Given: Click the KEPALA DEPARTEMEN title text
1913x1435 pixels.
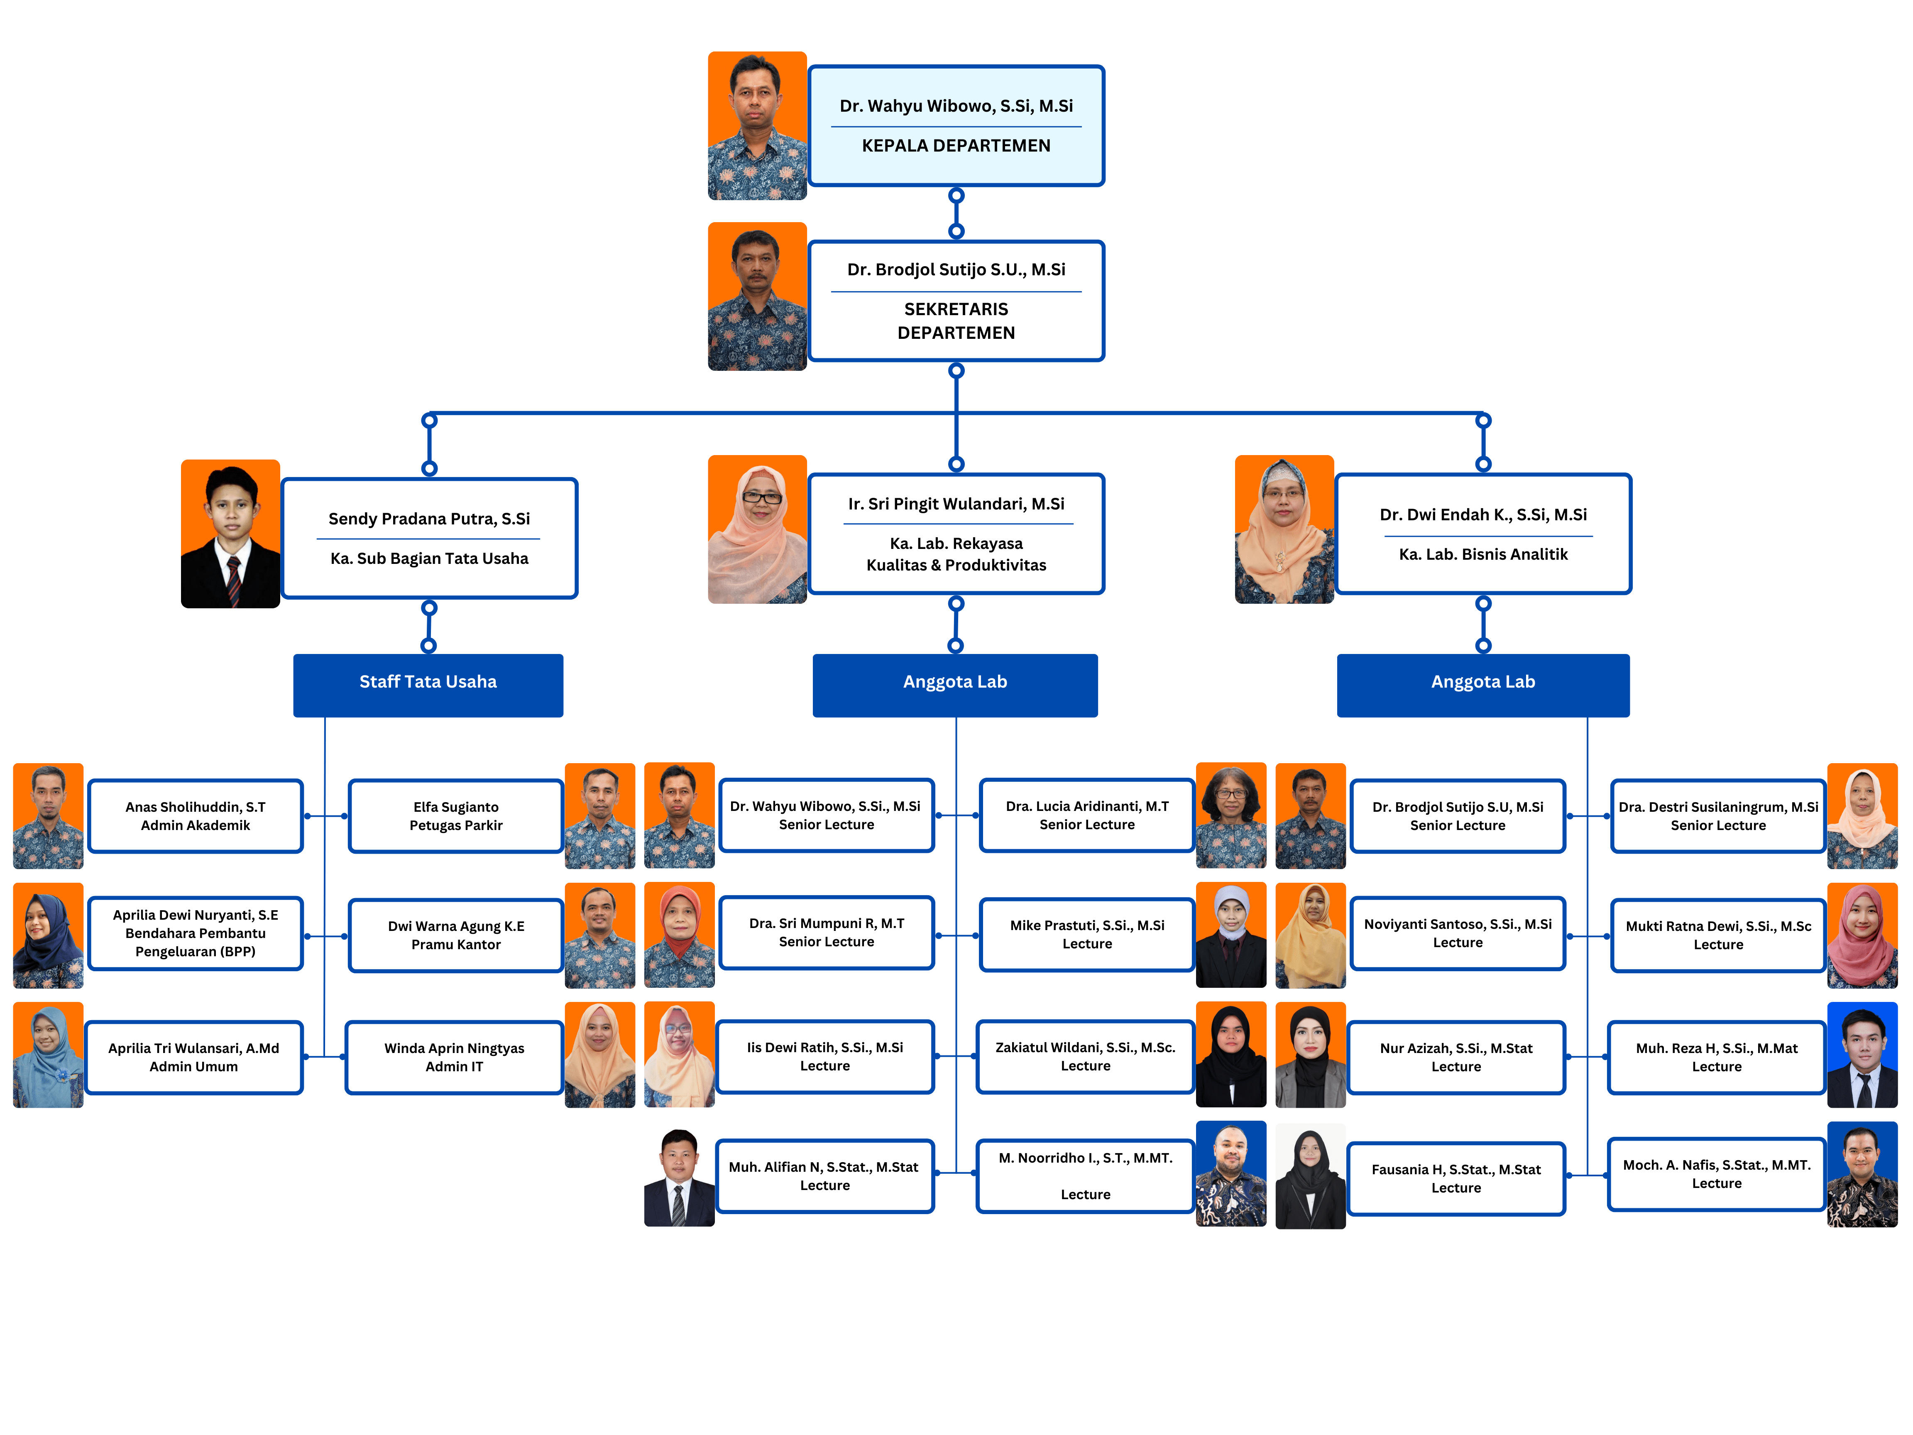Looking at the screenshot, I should tap(956, 145).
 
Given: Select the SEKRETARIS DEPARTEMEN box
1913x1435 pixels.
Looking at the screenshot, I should tap(956, 301).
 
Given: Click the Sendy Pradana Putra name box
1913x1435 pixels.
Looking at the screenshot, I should tap(429, 538).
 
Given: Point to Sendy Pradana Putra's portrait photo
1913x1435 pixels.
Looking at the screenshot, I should tap(230, 534).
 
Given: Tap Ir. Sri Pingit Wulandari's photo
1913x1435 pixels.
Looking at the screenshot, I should tap(757, 529).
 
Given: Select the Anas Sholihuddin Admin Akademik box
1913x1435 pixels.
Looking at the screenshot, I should tap(196, 815).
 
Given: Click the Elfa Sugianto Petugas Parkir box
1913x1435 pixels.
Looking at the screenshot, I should tap(456, 815).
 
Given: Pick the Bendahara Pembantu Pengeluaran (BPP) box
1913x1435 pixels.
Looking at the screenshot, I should tap(196, 933).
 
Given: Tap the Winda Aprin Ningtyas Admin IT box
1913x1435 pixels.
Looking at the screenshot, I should tap(454, 1057).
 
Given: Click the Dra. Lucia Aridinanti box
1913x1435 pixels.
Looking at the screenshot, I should tap(1087, 815).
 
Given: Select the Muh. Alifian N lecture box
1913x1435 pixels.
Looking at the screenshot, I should tap(824, 1175).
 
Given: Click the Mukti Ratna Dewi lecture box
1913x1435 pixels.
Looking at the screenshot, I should tap(1717, 935).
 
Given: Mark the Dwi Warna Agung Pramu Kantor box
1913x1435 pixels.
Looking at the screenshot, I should tap(456, 935).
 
